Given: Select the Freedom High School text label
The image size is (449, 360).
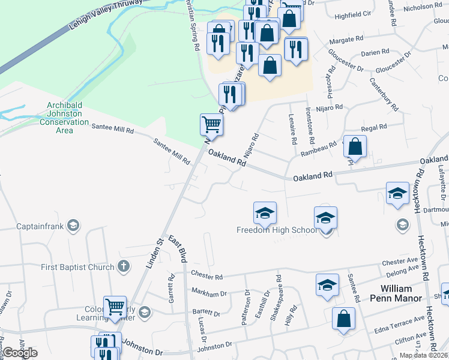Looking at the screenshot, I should pos(278,230).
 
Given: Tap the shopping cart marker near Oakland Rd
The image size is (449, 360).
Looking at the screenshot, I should pos(212,125).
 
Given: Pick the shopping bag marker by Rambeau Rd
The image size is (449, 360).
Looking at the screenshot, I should pos(355,146).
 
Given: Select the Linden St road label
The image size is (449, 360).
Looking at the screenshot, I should pos(154,253).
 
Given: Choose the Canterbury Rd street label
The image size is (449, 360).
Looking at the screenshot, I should pos(384,95).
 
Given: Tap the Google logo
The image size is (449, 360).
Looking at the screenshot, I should pos(19,353).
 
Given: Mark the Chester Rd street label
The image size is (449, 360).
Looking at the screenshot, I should pos(206,275).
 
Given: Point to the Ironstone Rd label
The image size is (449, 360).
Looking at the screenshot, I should pos(310,125).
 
